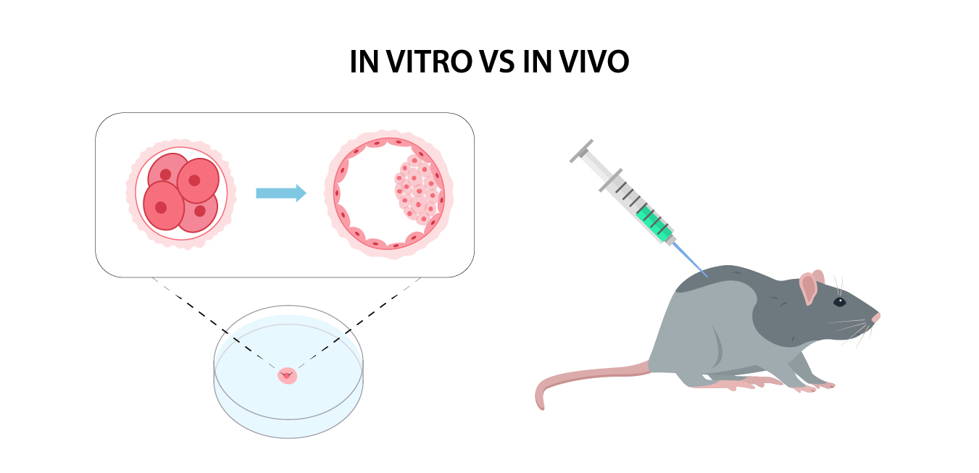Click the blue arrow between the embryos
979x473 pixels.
281,193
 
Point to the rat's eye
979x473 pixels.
840,302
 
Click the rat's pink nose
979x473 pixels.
876,317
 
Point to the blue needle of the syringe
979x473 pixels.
690,260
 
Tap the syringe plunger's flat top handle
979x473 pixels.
581,151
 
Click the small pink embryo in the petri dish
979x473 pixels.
287,375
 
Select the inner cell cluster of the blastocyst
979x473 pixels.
417,190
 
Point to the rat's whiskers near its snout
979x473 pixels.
852,330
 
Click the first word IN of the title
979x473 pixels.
364,62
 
